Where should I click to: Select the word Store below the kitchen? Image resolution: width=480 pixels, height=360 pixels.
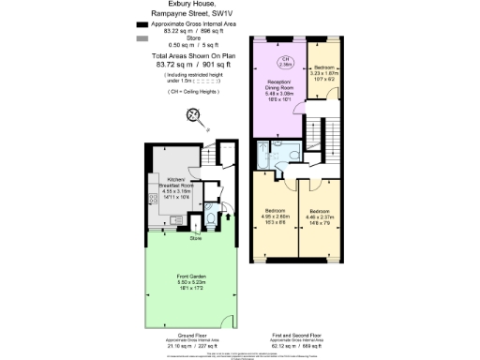coord(195,238)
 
